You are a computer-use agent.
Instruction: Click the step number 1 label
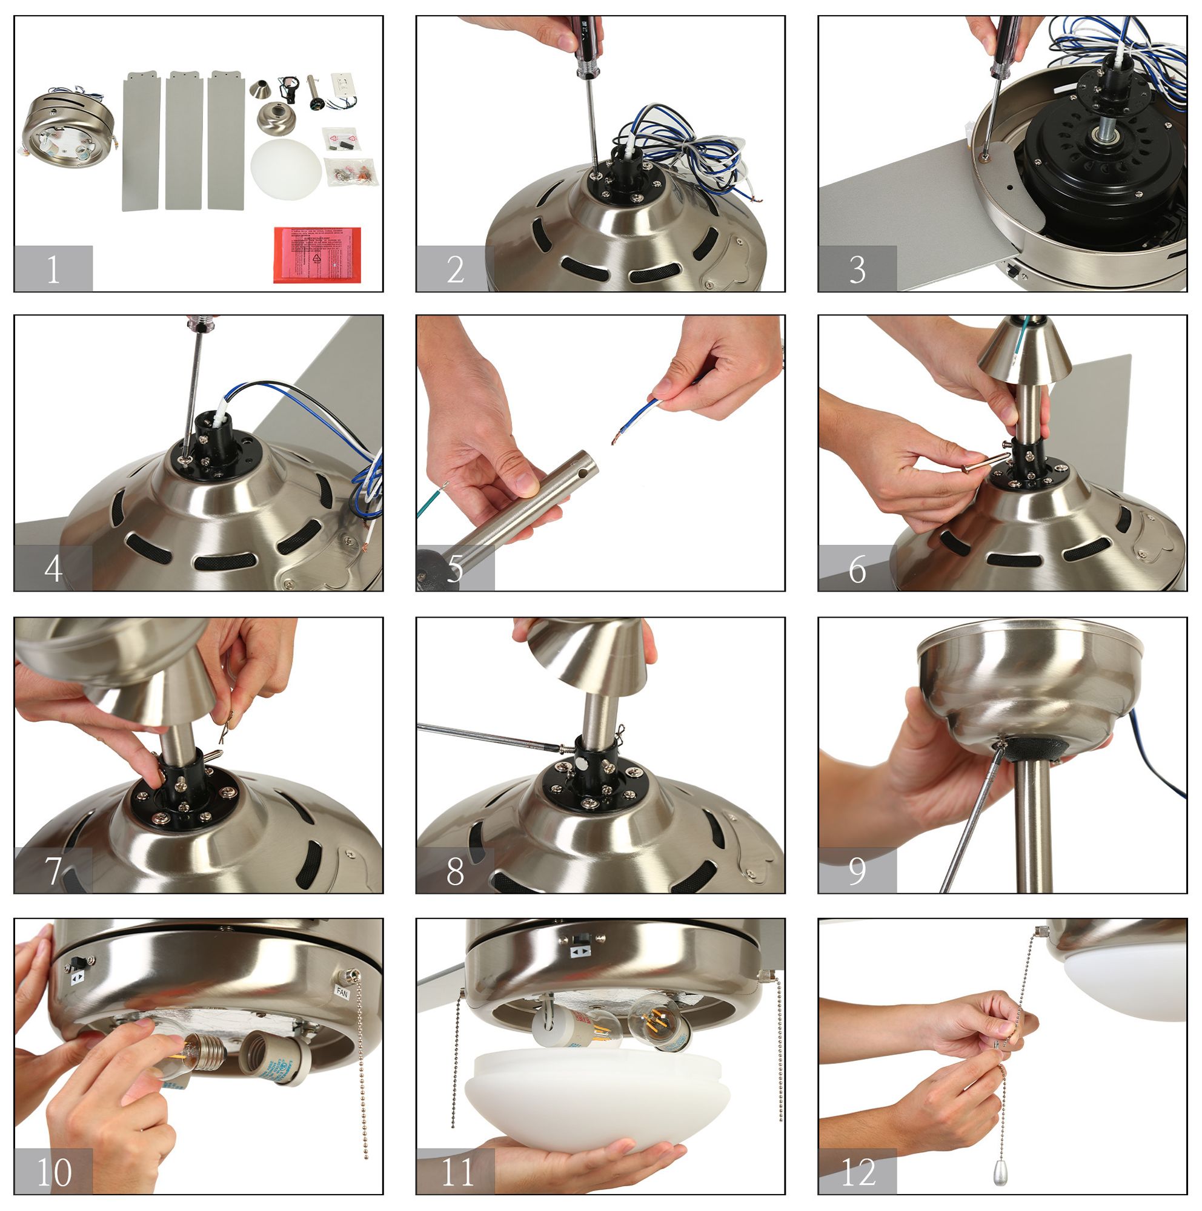click(x=53, y=269)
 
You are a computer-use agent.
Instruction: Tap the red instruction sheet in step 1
click(x=317, y=254)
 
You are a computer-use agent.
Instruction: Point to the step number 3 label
click(x=857, y=269)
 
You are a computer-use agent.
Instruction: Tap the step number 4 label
click(x=53, y=569)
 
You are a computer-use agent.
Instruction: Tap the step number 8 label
click(x=455, y=871)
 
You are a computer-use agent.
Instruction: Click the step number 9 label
click(x=857, y=871)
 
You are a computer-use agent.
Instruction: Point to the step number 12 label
click(x=857, y=1172)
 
